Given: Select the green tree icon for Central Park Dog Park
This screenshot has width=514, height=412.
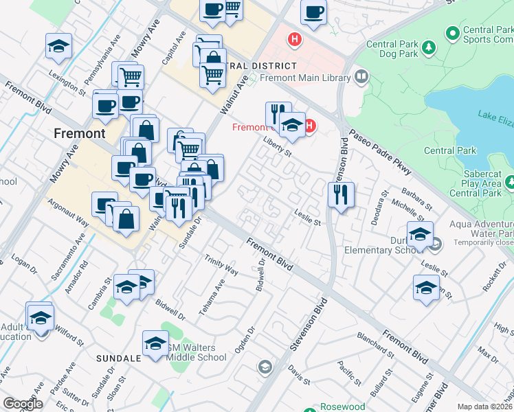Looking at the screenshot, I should pyautogui.click(x=430, y=47).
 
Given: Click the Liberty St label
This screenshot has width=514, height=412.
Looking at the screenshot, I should pyautogui.click(x=278, y=147).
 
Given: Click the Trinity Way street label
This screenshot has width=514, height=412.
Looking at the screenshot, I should pyautogui.click(x=221, y=266).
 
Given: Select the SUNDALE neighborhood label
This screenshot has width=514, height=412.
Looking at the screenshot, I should pyautogui.click(x=118, y=358).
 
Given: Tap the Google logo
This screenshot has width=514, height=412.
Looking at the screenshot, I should pyautogui.click(x=22, y=404).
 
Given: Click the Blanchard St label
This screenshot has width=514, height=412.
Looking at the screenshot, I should pyautogui.click(x=375, y=346).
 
